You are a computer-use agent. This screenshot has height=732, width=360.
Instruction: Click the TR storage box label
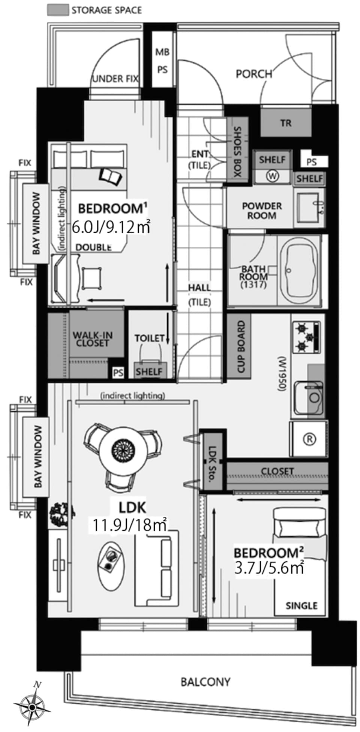pyautogui.click(x=286, y=123)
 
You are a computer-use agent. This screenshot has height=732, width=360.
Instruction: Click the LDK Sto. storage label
pyautogui.click(x=213, y=462)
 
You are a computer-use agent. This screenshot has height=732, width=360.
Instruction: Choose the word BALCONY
pyautogui.click(x=205, y=681)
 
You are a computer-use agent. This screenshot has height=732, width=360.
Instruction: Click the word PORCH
pyautogui.click(x=254, y=74)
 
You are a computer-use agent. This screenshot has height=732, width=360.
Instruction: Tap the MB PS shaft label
pyautogui.click(x=162, y=61)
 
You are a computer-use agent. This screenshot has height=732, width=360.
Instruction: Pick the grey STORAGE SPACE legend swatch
pyautogui.click(x=58, y=10)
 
